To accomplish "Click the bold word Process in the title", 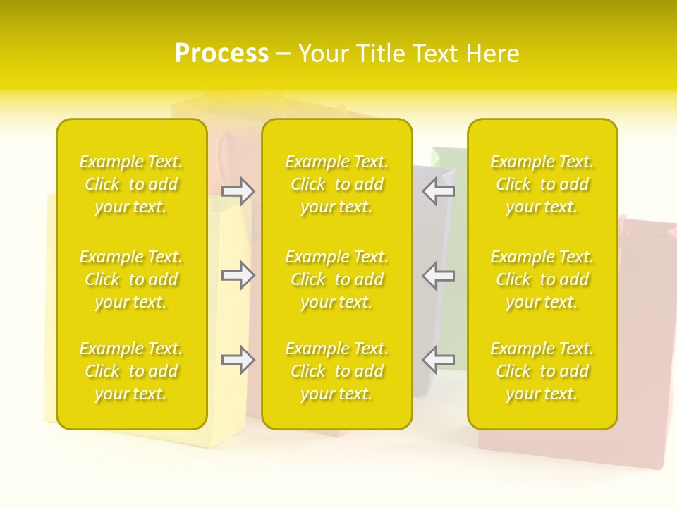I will click(x=221, y=54).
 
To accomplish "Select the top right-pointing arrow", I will click(x=238, y=191).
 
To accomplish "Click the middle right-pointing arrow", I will click(x=238, y=275).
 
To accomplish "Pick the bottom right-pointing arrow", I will click(x=238, y=360).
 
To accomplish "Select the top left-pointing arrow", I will click(x=439, y=191).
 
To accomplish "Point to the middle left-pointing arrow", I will click(x=439, y=275).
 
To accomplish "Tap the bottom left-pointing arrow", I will click(x=439, y=360).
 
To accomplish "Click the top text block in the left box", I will click(x=131, y=184).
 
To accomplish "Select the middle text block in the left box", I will click(x=131, y=279).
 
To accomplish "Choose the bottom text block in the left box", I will click(x=131, y=371).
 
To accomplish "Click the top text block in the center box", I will click(x=337, y=184).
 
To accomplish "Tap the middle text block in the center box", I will click(x=337, y=279).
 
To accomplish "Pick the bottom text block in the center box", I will click(x=337, y=371).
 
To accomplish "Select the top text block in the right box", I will click(x=542, y=184).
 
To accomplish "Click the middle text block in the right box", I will click(x=542, y=279).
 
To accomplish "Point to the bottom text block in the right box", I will click(x=542, y=371).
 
